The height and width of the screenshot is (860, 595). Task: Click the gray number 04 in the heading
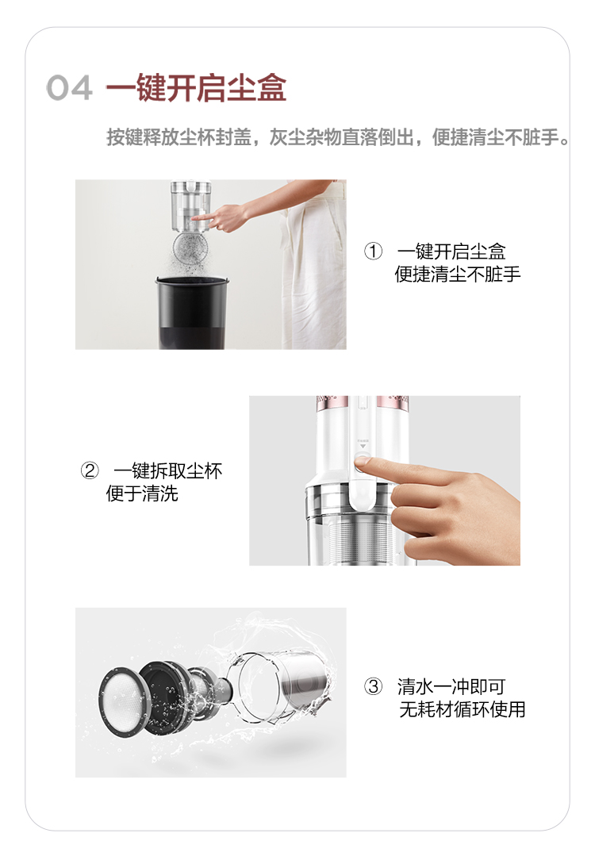(x=69, y=88)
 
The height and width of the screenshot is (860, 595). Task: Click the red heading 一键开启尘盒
(x=196, y=87)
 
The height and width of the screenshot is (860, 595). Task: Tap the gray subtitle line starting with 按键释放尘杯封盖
(x=338, y=137)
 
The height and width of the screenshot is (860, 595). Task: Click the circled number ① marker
(x=374, y=251)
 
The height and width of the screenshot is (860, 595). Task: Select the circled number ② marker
(x=90, y=470)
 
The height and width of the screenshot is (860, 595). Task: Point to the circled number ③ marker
(x=374, y=686)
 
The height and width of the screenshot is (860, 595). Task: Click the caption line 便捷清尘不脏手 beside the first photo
(x=457, y=275)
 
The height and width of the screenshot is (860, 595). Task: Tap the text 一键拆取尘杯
(x=168, y=470)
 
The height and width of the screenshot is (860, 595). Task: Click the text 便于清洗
(x=142, y=493)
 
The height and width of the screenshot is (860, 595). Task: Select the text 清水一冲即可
(x=451, y=686)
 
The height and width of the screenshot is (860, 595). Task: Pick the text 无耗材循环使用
(x=462, y=709)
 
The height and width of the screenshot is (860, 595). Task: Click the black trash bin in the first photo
(x=192, y=313)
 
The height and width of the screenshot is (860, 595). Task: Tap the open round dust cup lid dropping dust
(x=192, y=250)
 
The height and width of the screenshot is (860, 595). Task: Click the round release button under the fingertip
(x=362, y=464)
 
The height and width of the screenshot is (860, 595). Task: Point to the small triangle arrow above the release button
(x=362, y=447)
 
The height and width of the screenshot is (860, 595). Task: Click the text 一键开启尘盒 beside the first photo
(x=451, y=251)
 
